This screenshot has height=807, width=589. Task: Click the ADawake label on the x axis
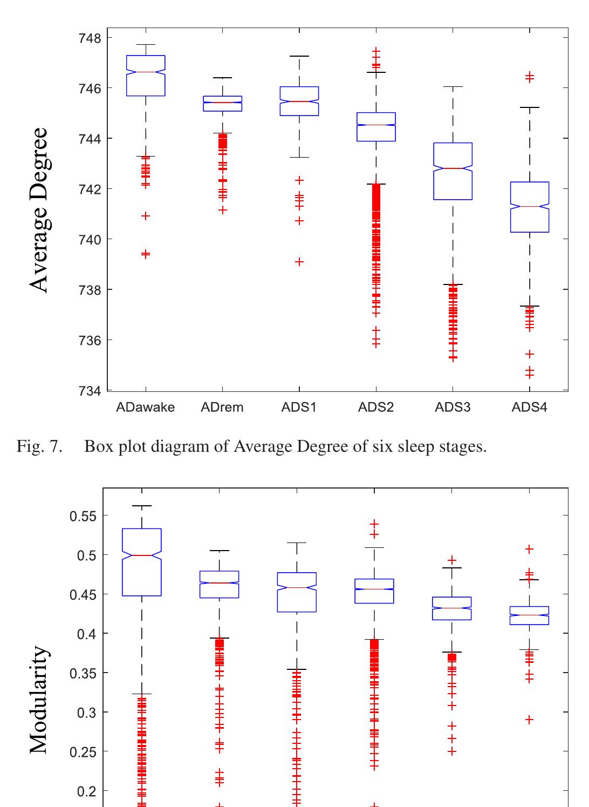point(145,408)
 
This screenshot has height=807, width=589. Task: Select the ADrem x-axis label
point(222,408)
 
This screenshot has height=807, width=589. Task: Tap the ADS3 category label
point(453,408)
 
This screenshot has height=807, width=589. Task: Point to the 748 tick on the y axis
point(87,38)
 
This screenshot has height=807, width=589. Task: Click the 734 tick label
point(87,391)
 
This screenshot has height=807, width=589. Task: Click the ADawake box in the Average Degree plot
point(146,76)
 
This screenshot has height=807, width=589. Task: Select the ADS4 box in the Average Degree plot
point(530,207)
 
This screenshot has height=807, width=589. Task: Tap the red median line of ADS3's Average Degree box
point(453,168)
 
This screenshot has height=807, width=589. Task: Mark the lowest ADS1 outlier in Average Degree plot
point(299,262)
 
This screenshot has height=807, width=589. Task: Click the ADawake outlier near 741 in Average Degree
point(146,216)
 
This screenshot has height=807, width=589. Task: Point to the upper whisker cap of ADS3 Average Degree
point(453,86)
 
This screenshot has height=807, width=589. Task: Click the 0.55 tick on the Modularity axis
point(83,516)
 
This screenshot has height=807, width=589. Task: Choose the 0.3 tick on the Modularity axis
point(85,713)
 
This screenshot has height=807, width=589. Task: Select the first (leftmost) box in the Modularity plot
point(142,562)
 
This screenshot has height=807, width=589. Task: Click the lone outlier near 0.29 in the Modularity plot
point(530,720)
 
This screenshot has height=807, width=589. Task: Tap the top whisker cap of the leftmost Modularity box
point(142,506)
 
